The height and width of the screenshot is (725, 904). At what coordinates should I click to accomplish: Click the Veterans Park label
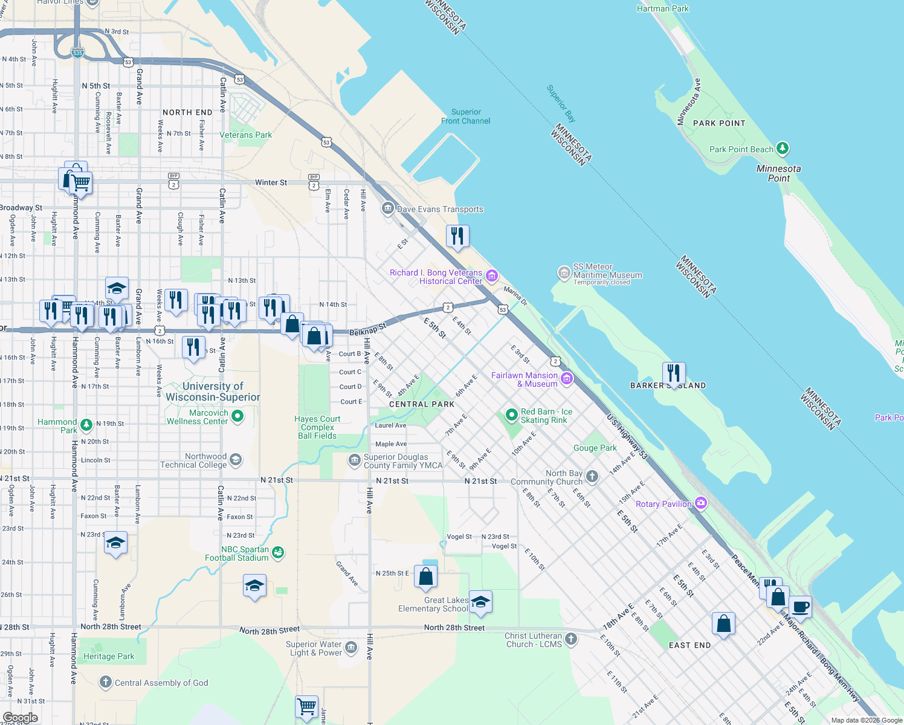(245, 135)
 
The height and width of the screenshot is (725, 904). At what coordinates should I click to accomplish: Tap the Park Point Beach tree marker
(783, 148)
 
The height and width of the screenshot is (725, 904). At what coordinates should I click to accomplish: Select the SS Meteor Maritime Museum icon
(564, 273)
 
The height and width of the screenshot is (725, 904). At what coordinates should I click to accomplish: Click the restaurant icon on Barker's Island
(673, 373)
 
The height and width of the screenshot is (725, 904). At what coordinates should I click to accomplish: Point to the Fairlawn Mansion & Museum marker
(567, 379)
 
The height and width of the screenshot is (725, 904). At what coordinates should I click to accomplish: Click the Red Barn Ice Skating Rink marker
(512, 415)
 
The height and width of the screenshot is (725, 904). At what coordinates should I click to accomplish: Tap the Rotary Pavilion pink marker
(701, 503)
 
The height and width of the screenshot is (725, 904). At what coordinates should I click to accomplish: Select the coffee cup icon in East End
(800, 607)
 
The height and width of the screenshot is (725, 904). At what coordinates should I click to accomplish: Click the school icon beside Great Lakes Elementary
(480, 602)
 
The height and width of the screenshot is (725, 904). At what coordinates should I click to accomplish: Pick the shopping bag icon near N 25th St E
(425, 577)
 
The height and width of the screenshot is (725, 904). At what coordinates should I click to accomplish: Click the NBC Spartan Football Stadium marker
(278, 552)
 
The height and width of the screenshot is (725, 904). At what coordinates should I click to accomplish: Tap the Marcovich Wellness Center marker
(237, 416)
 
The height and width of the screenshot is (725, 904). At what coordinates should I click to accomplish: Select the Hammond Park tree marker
(86, 425)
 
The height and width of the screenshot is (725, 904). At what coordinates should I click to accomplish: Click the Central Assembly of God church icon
(105, 683)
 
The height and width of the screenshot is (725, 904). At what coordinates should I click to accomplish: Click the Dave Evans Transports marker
(387, 208)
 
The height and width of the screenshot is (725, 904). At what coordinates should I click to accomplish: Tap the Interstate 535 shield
(77, 53)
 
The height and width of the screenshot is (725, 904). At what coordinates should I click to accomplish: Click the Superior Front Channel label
(465, 117)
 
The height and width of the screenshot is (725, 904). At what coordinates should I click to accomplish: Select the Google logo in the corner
(20, 718)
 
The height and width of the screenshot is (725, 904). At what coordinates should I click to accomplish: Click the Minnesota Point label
(778, 173)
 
